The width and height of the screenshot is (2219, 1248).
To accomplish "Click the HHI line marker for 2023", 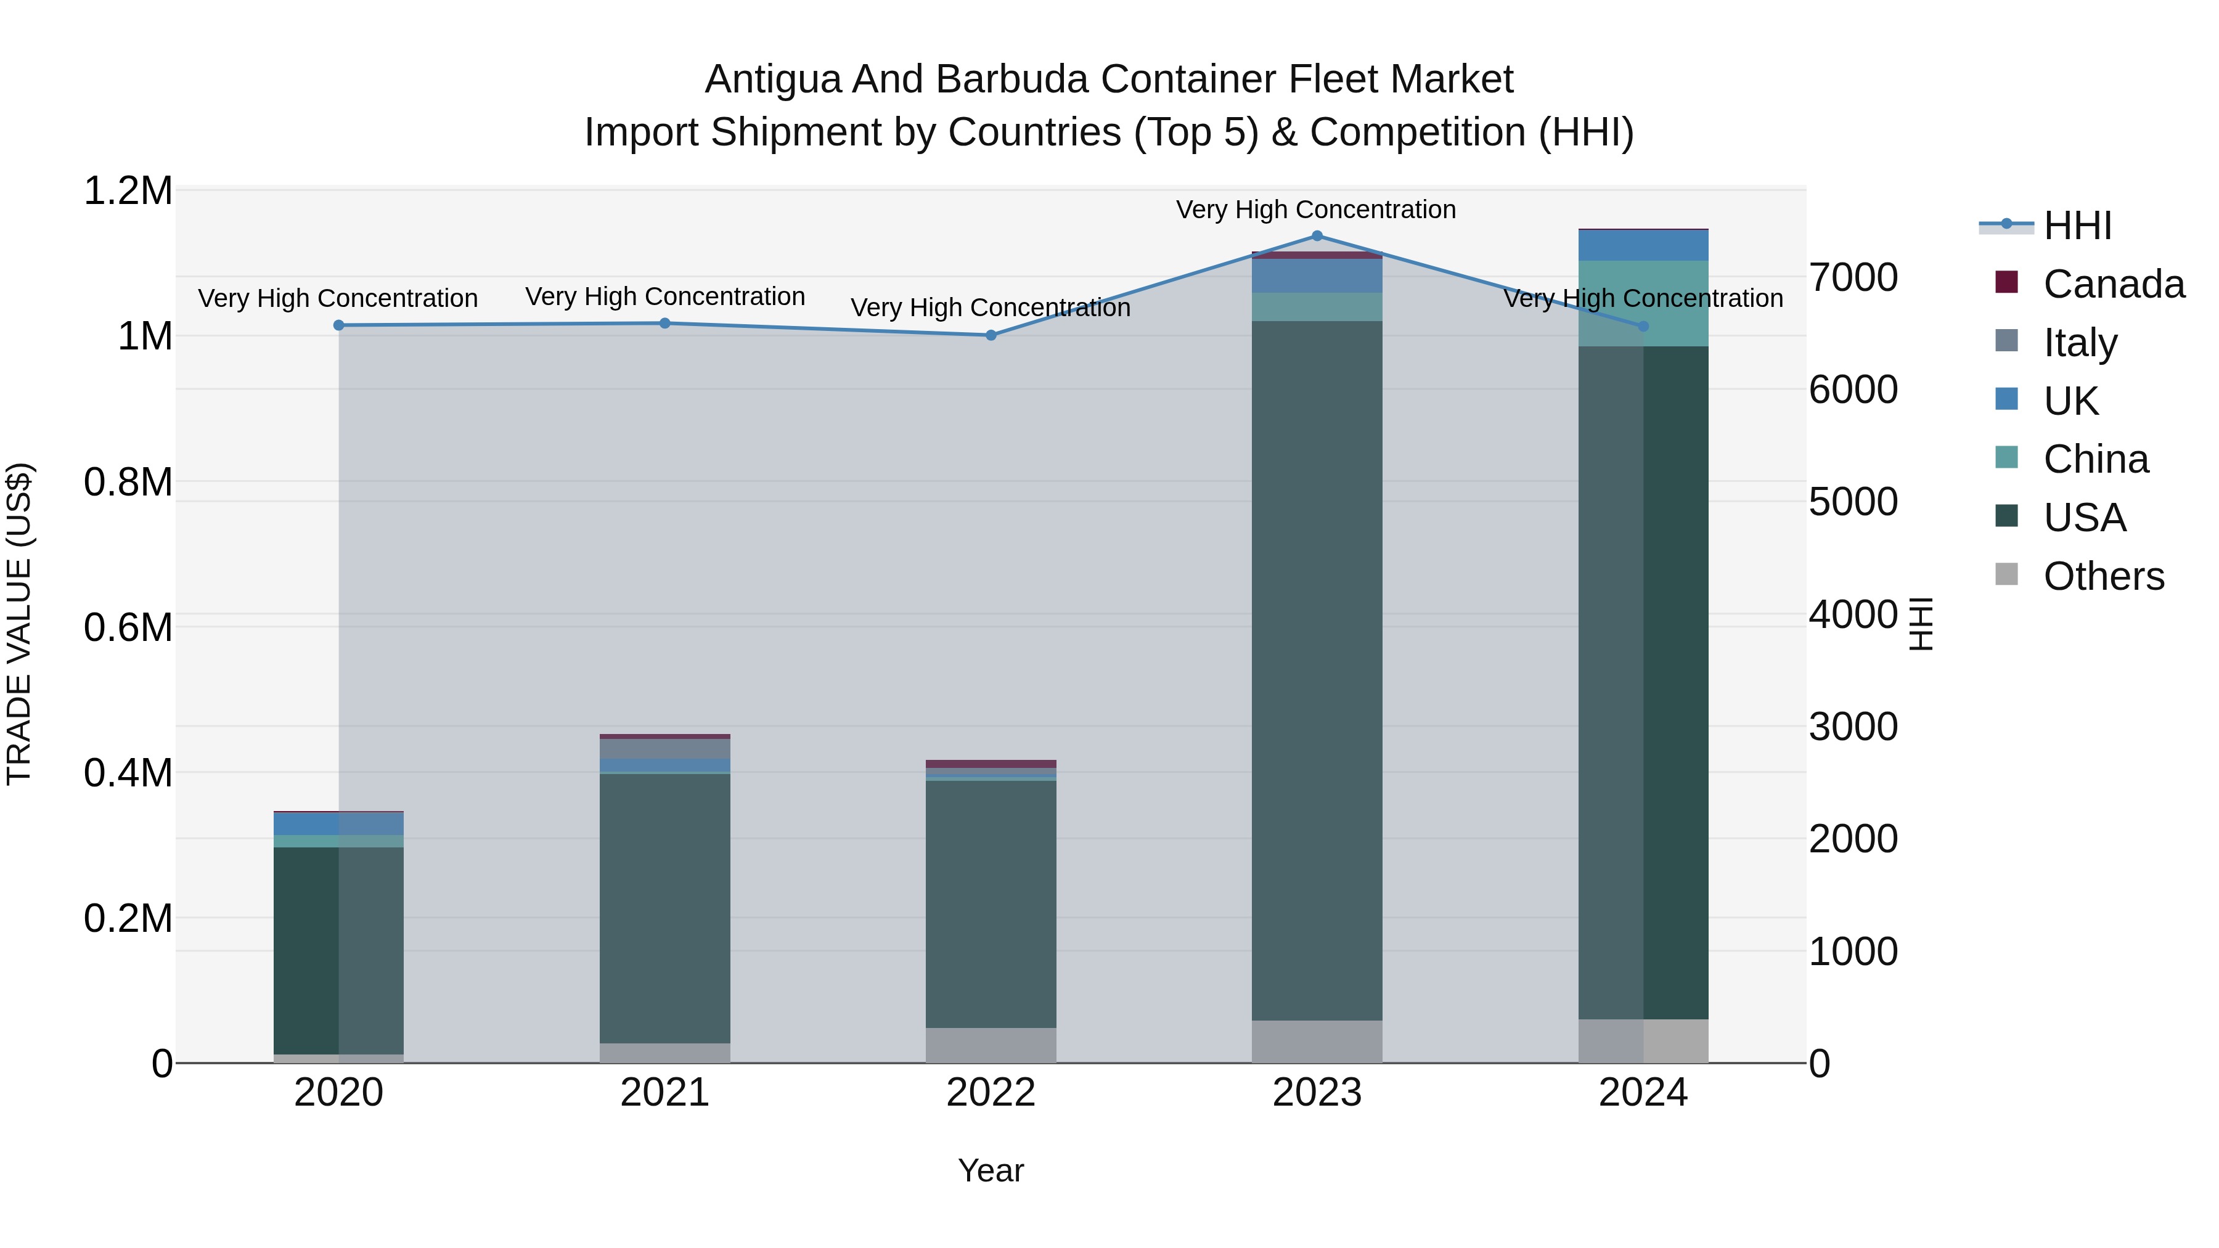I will pos(1316,236).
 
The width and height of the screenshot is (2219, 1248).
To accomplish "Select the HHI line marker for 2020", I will pos(338,325).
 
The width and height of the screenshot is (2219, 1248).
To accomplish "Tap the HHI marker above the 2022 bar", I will pos(991,335).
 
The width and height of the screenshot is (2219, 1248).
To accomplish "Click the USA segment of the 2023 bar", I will pos(1316,672).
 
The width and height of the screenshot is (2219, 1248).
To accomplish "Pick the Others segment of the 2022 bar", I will pos(991,1045).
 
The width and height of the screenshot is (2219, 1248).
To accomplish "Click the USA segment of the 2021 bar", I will pos(664,908).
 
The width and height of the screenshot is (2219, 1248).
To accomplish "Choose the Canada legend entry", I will pos(2113,284).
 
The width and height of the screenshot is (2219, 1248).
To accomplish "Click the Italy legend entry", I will pos(2080,343).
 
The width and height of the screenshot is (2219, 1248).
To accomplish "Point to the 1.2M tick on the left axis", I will pos(128,191).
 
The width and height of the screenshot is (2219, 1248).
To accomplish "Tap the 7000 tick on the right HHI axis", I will pos(1853,277).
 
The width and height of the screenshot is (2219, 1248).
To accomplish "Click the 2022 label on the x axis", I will pos(991,1093).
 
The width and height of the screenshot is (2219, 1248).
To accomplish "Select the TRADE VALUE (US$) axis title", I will pos(20,624).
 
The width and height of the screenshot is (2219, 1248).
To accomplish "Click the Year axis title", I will pos(991,1170).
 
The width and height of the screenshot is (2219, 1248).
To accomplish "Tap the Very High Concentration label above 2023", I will pos(1315,210).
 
